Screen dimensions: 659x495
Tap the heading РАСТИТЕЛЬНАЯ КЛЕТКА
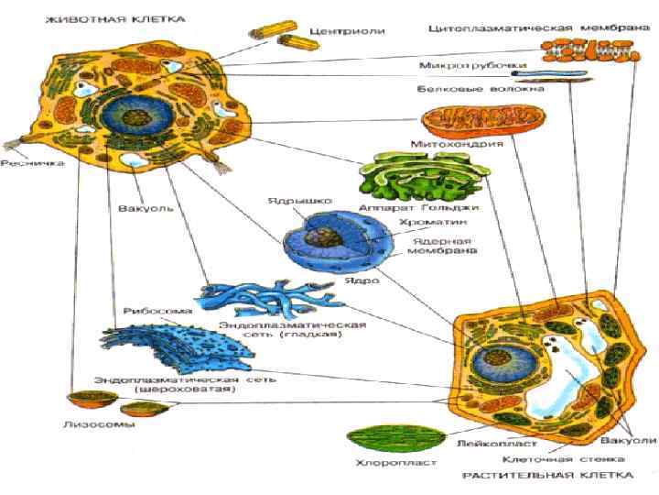548,477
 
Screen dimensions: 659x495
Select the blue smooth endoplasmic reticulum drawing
258,301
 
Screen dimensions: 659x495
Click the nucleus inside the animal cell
137,120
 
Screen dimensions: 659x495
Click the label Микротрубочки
460,67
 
